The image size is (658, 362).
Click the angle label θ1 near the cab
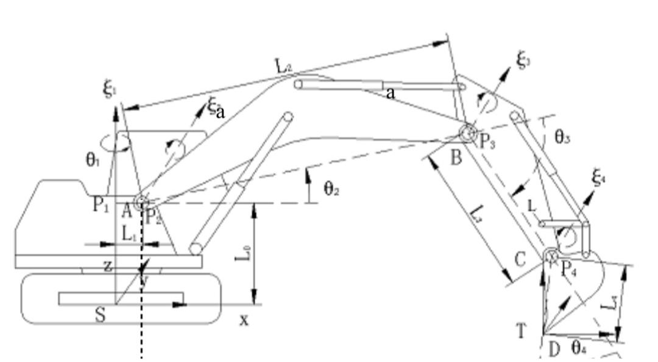click(92, 161)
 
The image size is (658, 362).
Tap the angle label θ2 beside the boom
click(331, 189)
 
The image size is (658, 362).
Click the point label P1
click(101, 204)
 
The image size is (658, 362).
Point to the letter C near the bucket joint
click(520, 260)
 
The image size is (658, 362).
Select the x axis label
click(244, 320)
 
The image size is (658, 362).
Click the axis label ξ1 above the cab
click(109, 92)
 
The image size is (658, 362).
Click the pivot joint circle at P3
click(467, 133)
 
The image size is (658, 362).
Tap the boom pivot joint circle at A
click(142, 203)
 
